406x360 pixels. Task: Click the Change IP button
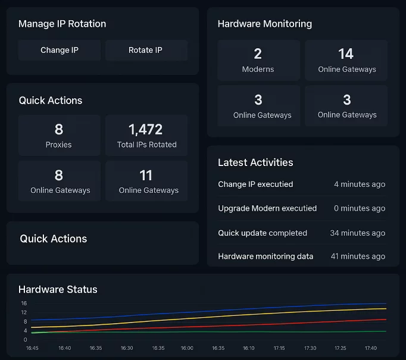click(59, 50)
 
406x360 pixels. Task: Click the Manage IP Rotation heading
click(62, 24)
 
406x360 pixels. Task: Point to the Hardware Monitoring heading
click(264, 24)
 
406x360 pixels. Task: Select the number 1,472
click(146, 129)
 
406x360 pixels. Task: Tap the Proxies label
click(58, 145)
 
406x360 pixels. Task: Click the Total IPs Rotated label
click(146, 145)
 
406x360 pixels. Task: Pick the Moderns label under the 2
click(258, 69)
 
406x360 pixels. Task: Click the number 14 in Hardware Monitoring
click(346, 54)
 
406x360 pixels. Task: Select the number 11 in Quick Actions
click(146, 175)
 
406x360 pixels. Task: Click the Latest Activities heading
click(255, 162)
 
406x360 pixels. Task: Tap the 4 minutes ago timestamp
click(360, 184)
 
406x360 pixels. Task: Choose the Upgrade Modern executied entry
click(267, 208)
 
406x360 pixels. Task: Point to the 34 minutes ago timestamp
click(357, 233)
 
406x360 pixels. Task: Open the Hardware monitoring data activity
click(266, 256)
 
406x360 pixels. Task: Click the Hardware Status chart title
click(58, 289)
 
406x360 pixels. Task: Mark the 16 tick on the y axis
click(24, 303)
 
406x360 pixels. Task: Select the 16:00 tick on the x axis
click(187, 348)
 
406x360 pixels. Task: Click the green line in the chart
click(238, 332)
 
